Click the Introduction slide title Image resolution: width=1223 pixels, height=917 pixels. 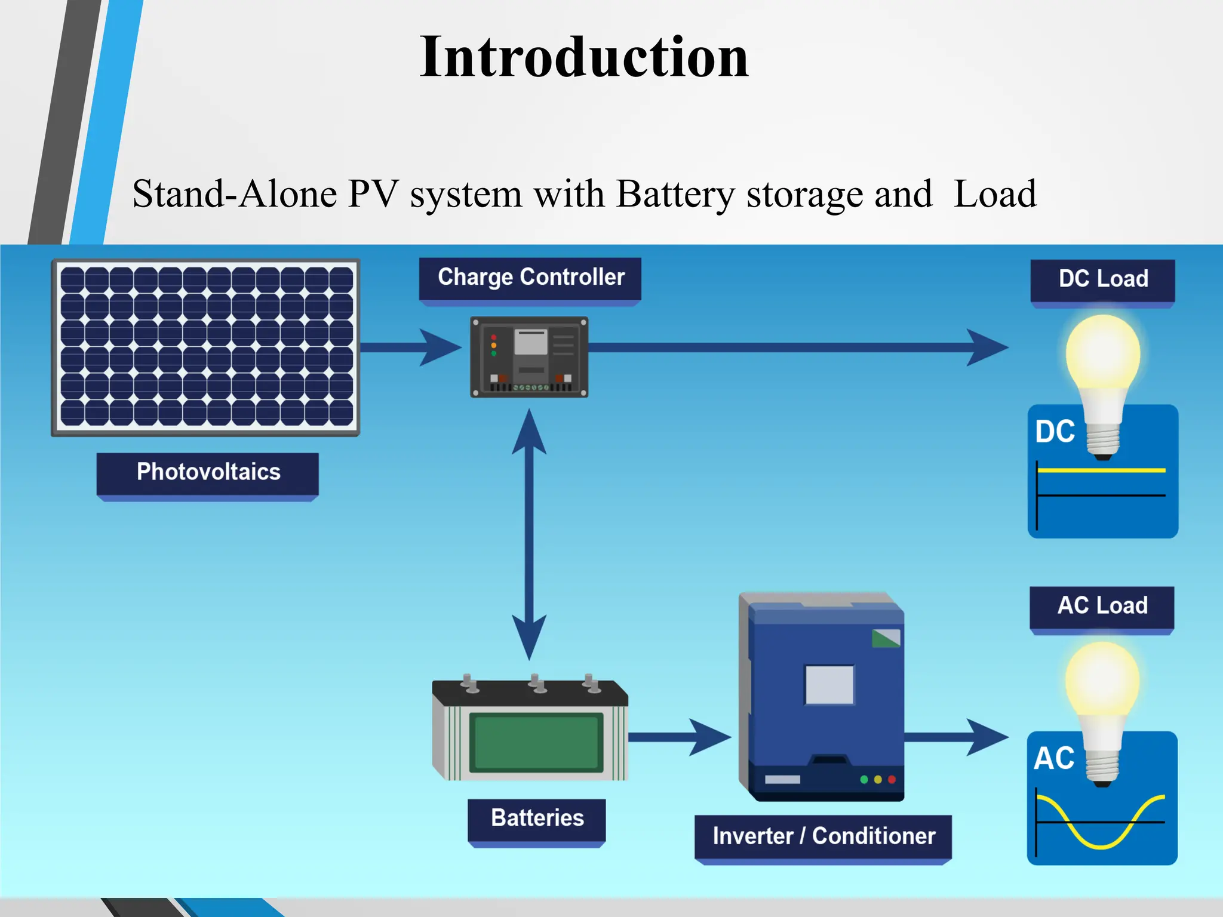[x=583, y=57]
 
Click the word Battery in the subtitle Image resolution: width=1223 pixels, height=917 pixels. [x=675, y=195]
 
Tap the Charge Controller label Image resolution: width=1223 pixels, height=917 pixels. [x=530, y=278]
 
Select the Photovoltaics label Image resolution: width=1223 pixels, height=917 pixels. [x=208, y=472]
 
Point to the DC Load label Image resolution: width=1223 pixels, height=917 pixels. [x=1102, y=279]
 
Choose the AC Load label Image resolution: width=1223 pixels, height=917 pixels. [x=1102, y=605]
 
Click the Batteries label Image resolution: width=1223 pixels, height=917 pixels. [x=537, y=818]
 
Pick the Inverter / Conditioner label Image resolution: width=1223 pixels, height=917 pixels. [x=823, y=836]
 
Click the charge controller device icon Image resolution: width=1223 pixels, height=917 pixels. [x=529, y=357]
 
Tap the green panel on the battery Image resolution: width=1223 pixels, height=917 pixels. [x=536, y=742]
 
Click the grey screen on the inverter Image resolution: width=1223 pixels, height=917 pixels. [x=829, y=685]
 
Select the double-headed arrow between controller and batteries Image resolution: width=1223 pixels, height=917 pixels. [x=529, y=534]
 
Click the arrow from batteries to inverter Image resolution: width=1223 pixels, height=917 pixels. [x=681, y=737]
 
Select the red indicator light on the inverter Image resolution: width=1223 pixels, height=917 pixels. [x=892, y=780]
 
